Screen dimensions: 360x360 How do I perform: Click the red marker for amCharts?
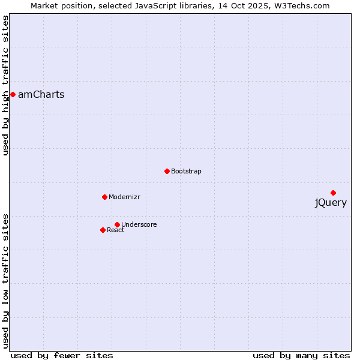(13, 94)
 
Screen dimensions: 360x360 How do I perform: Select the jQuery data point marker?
(333, 193)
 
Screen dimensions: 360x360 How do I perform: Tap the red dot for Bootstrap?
(167, 171)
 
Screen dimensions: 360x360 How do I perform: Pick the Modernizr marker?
(104, 197)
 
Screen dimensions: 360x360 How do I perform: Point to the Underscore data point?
(117, 224)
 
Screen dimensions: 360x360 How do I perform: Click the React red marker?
(103, 230)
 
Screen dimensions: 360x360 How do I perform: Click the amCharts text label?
(41, 95)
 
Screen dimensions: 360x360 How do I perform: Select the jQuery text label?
(331, 203)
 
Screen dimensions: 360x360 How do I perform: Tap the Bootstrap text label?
(186, 172)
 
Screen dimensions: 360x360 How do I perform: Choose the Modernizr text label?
(124, 197)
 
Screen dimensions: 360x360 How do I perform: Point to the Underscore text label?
(139, 225)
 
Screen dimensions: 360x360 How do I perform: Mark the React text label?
(116, 230)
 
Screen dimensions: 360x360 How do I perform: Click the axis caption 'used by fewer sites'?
(62, 356)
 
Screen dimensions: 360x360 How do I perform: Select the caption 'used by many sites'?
(301, 356)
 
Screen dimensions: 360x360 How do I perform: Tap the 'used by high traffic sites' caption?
(6, 85)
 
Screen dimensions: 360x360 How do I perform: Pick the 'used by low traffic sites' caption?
(6, 280)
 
